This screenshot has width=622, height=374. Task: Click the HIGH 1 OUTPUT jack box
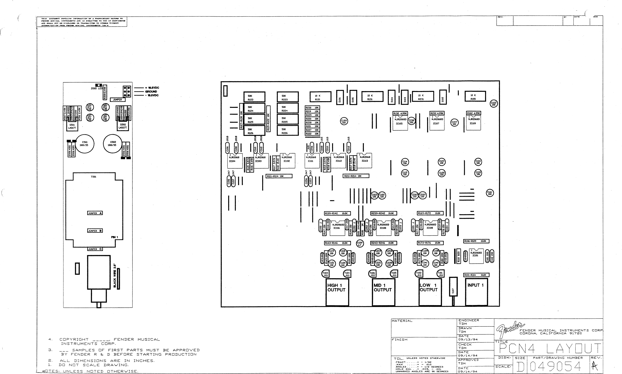pyautogui.click(x=337, y=292)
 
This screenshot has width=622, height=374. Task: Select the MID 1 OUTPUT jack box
pyautogui.click(x=383, y=292)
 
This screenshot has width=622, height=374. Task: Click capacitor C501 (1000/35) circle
pyautogui.click(x=85, y=144)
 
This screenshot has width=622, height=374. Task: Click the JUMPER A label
pyautogui.click(x=95, y=213)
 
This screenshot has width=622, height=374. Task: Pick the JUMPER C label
pyautogui.click(x=95, y=249)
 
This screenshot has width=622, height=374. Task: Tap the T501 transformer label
pyautogui.click(x=93, y=177)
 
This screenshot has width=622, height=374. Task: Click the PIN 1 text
pyautogui.click(x=114, y=237)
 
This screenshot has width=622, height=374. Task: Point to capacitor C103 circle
pyautogui.click(x=494, y=104)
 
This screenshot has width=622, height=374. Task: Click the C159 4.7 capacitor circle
pyautogui.click(x=360, y=244)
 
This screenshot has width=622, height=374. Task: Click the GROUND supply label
pyautogui.click(x=151, y=92)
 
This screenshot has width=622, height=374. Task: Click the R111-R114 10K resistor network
pyautogui.click(x=279, y=176)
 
